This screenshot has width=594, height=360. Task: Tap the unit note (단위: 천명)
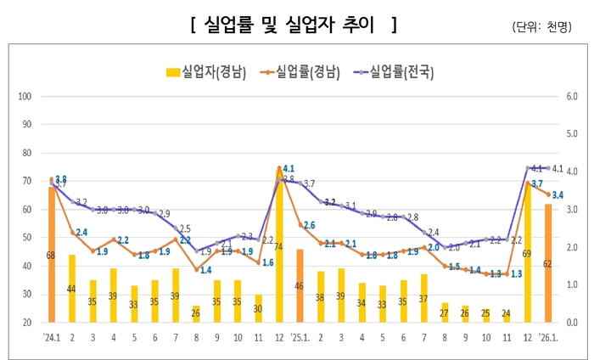pos(542,26)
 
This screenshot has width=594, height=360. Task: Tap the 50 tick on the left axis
pos(26,238)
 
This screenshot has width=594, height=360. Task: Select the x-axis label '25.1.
pos(302,336)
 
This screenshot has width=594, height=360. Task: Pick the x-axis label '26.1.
pos(550,336)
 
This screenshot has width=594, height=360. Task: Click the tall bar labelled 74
pos(279,246)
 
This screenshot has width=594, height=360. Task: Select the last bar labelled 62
pos(547,272)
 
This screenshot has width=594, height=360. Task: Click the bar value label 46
pos(299,286)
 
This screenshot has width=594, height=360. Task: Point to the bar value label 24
pos(506,312)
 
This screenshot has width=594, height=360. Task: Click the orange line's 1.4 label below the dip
pos(206,270)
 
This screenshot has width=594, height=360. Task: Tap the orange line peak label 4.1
pos(289,168)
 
